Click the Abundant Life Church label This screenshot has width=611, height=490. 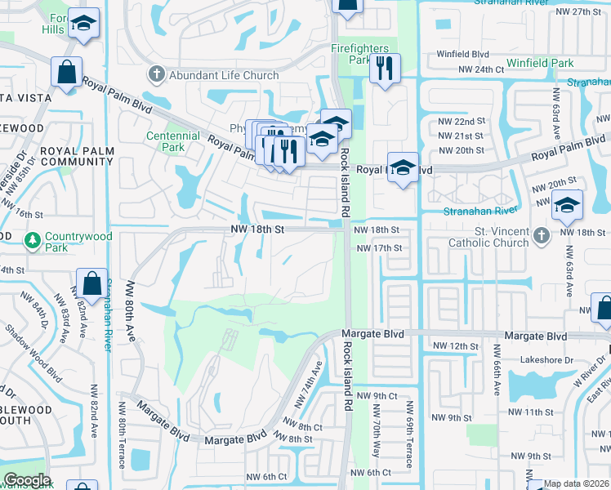coord(224,76)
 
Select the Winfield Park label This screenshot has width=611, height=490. coord(540,63)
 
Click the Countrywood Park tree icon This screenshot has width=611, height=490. coord(32,241)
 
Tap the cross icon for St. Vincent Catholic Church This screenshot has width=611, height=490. coord(540,237)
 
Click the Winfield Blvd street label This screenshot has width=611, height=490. coord(462,55)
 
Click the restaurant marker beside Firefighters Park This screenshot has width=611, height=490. coord(383,69)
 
